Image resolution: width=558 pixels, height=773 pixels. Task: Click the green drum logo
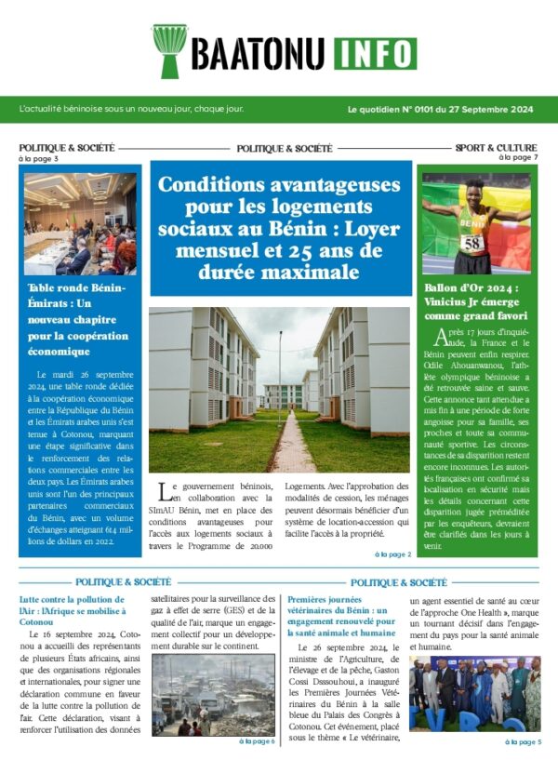click(169, 50)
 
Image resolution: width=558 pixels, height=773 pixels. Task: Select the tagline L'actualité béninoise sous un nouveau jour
click(131, 109)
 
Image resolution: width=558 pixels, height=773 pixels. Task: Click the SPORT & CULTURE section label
click(496, 148)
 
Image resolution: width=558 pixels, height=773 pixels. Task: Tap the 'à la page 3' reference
click(38, 159)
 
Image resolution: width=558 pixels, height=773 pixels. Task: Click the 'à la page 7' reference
click(518, 158)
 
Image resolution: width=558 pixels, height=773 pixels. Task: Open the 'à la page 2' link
click(392, 554)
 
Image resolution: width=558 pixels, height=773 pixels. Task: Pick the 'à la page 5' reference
click(523, 741)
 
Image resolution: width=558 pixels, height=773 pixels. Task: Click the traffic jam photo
click(213, 695)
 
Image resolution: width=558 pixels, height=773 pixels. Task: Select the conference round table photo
click(80, 223)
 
